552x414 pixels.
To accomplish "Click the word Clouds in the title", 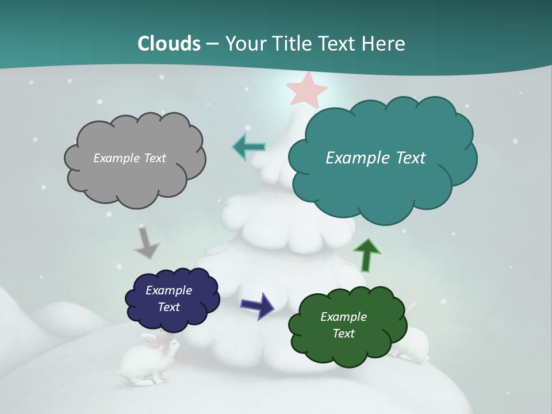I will pos(169,44).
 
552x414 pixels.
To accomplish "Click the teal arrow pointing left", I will pos(248,147).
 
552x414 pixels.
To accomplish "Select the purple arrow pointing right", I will pos(258,305).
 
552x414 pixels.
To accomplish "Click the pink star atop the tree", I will pos(306,90).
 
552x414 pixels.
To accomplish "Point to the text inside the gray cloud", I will pos(129,158).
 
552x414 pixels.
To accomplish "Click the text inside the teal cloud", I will pos(375,158).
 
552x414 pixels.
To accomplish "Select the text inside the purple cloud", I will pos(168,298).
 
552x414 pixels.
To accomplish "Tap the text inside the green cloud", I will pos(343,325).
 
